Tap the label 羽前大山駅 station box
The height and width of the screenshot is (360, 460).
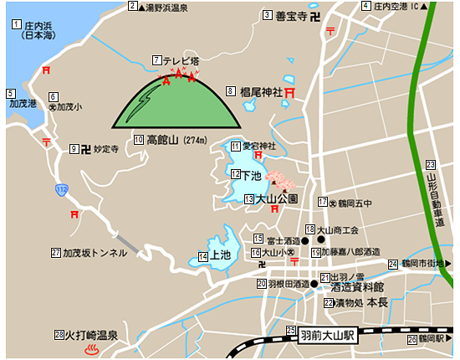[x=327, y=334]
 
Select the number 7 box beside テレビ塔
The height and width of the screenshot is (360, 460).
[x=157, y=60]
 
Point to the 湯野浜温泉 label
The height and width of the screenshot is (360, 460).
[x=165, y=7]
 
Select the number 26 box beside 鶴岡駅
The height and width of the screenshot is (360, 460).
[x=411, y=340]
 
